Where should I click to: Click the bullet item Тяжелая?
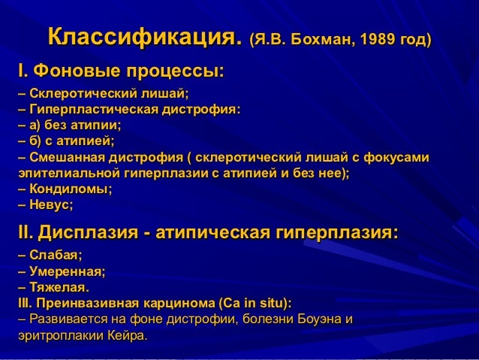click(x=59, y=288)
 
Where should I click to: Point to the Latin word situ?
click(x=270, y=304)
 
